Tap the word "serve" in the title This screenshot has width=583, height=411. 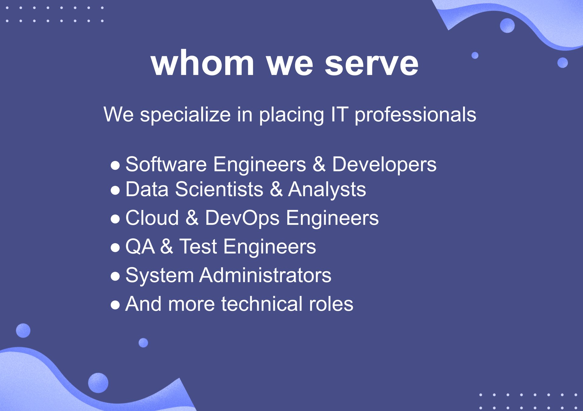[x=372, y=65]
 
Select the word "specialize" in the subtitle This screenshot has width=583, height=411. [x=185, y=115]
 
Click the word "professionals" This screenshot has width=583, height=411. [x=415, y=115]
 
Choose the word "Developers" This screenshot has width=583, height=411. [x=384, y=165]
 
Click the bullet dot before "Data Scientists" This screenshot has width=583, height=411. [x=115, y=190]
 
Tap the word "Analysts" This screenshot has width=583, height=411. [x=327, y=190]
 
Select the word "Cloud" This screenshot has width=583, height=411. [x=152, y=218]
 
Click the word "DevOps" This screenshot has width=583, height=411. [x=242, y=218]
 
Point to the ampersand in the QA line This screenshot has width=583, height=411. [x=167, y=246]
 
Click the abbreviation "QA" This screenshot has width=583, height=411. [x=140, y=246]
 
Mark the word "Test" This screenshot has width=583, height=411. [x=198, y=246]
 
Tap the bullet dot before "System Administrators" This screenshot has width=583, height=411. [x=115, y=276]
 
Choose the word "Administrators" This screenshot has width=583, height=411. [x=265, y=275]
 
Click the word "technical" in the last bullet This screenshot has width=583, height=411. [x=262, y=304]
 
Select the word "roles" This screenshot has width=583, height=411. [x=331, y=304]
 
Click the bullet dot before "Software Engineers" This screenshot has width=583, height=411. [x=115, y=166]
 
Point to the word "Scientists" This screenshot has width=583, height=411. [x=219, y=189]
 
